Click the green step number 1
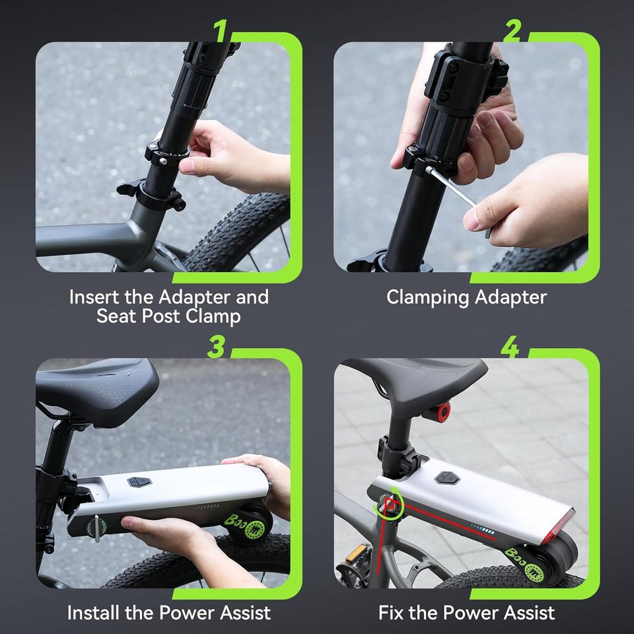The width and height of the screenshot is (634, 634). pos(222,30)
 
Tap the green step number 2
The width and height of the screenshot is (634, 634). pos(512,30)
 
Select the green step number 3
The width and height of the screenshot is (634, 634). pos(217,346)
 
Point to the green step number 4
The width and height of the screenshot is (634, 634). pos(509,346)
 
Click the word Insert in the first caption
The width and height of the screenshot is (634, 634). pos(93,297)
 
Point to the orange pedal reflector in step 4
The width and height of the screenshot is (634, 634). pos(355,553)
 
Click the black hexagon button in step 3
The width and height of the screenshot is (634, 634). pos(139,482)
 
